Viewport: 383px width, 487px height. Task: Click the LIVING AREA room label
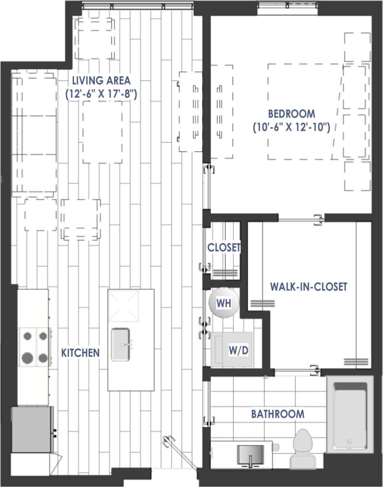[x=101, y=80]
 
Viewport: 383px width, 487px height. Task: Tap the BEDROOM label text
[x=291, y=114]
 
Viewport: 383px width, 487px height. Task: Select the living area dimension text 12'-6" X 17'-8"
[x=101, y=94]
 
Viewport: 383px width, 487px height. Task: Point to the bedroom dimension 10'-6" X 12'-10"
[x=291, y=127]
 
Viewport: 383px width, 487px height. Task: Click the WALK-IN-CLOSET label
[x=309, y=287]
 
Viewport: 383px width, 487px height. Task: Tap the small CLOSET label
[x=224, y=247]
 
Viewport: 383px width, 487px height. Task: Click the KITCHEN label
[x=80, y=353]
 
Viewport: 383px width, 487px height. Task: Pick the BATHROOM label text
[x=278, y=414]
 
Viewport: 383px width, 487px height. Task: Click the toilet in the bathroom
[x=302, y=448]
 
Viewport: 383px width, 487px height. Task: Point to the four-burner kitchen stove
[x=35, y=347]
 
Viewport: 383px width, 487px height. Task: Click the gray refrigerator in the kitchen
[x=32, y=429]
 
